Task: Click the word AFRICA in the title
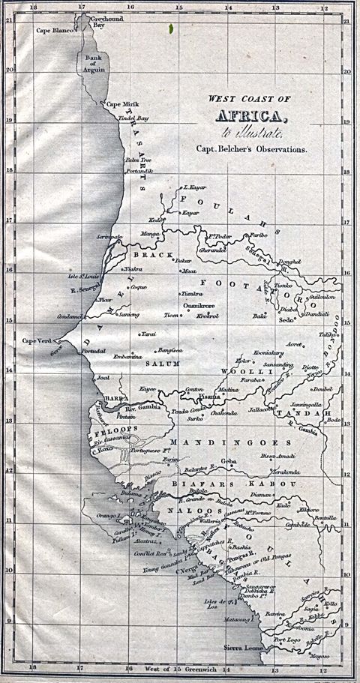click(250, 116)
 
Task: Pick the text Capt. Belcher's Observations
click(252, 148)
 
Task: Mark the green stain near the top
click(173, 29)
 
